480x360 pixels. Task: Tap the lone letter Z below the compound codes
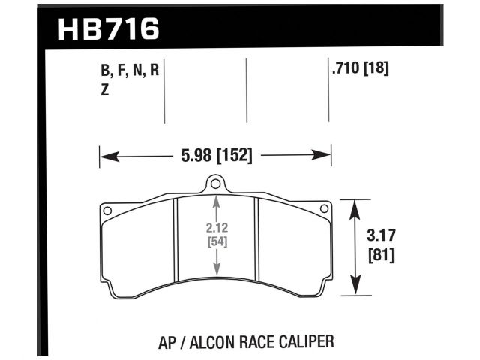click(x=104, y=91)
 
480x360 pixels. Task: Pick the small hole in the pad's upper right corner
click(x=324, y=208)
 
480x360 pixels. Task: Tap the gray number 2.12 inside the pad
click(x=216, y=229)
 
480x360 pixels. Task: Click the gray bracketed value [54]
click(x=216, y=242)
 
